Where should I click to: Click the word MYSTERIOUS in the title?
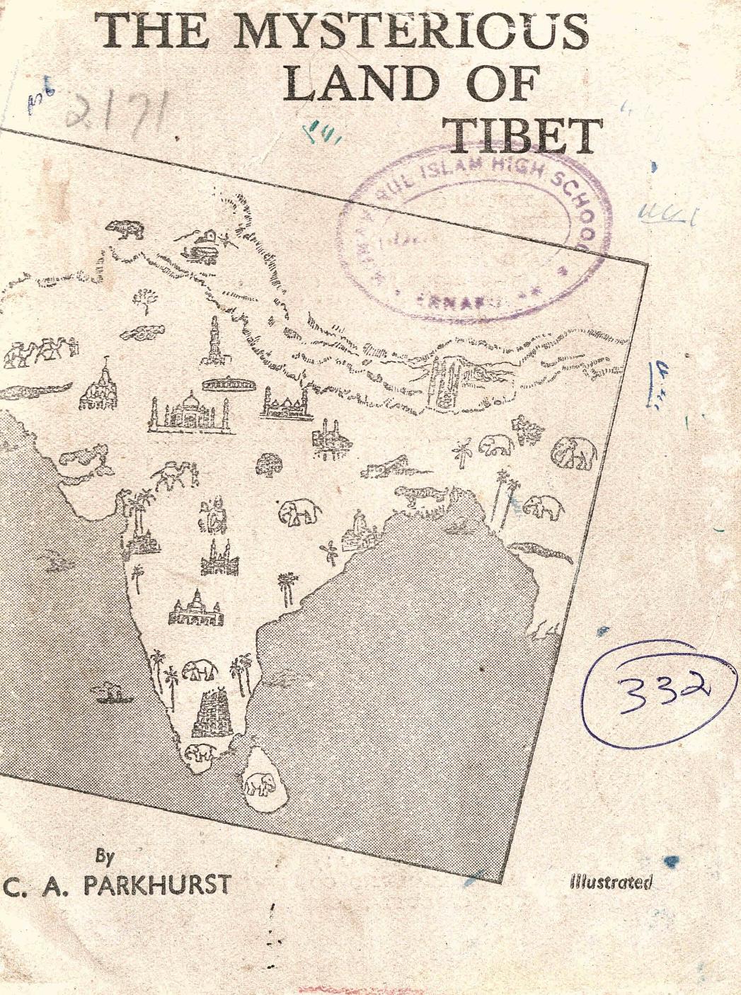click(410, 32)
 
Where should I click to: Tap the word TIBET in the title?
click(522, 136)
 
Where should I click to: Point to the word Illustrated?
click(610, 882)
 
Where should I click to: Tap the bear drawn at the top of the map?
click(126, 228)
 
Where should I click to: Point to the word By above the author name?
click(105, 857)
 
